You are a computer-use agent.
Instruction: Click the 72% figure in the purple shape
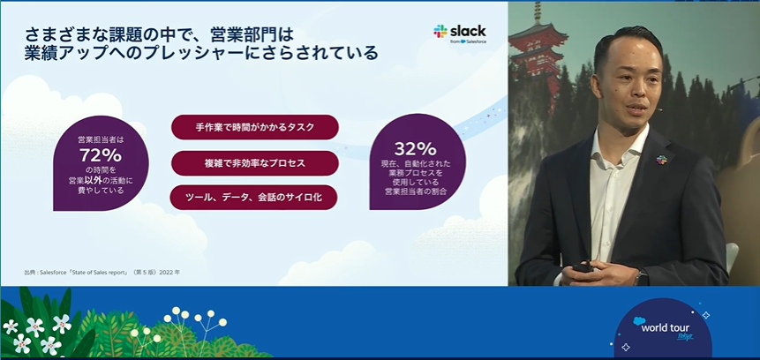[x=101, y=155]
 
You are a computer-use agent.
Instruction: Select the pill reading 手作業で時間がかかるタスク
[x=255, y=127]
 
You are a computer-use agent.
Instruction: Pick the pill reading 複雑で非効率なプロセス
[x=255, y=163]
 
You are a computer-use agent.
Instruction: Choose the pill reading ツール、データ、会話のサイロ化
[x=253, y=198]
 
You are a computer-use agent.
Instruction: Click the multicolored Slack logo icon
[x=440, y=32]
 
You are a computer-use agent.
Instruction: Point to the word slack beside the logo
[x=468, y=31]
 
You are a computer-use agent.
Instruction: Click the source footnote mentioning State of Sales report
[x=102, y=273]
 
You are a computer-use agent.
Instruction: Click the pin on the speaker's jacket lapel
[x=662, y=160]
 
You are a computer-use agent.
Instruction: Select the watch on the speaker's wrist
[x=641, y=277]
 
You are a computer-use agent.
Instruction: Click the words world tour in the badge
[x=665, y=328]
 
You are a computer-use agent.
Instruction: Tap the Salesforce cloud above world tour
[x=640, y=320]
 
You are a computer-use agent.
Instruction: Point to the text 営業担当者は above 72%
[x=101, y=140]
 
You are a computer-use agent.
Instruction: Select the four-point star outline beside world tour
[x=705, y=315]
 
